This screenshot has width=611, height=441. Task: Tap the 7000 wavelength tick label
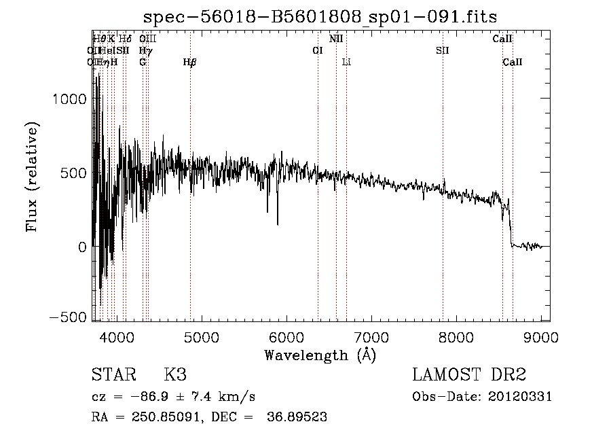pyautogui.click(x=371, y=336)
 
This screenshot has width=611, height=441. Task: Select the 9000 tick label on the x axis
pyautogui.click(x=541, y=336)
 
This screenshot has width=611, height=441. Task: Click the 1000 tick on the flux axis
pyautogui.click(x=69, y=99)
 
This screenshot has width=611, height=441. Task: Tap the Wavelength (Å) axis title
pyautogui.click(x=320, y=355)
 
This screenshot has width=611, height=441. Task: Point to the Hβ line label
pyautogui.click(x=190, y=63)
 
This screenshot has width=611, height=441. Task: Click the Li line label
pyautogui.click(x=346, y=63)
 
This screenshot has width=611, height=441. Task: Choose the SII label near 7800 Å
pyautogui.click(x=443, y=51)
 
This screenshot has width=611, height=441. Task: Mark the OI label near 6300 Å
pyautogui.click(x=317, y=51)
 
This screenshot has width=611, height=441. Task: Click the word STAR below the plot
pyautogui.click(x=113, y=375)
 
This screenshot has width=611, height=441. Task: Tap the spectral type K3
pyautogui.click(x=175, y=375)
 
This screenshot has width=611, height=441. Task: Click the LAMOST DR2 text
pyautogui.click(x=469, y=375)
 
